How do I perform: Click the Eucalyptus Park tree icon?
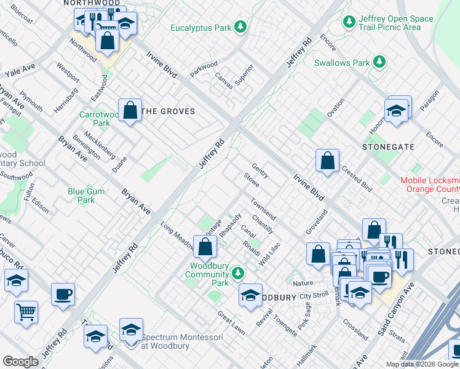coord(241,27)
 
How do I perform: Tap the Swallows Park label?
coord(342,63)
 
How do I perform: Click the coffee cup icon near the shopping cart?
coord(63,293)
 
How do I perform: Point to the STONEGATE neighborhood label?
coord(388,148)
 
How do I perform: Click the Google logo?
coord(20,362)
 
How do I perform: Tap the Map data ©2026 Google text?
coord(421,364)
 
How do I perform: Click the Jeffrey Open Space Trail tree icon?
coord(349,22)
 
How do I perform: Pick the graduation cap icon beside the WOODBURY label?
coord(250,295)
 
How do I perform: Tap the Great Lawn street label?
coord(231,323)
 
